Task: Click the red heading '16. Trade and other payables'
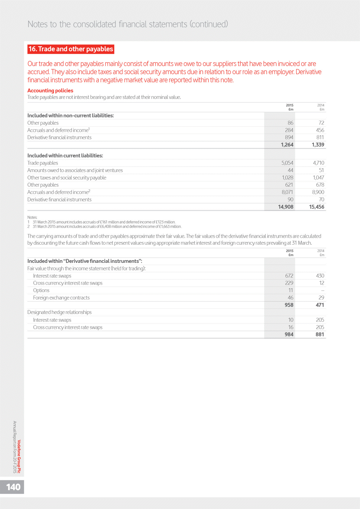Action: [71, 49]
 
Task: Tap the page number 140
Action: [13, 487]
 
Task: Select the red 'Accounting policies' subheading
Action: [50, 90]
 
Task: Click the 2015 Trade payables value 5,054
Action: [287, 163]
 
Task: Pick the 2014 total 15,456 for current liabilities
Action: [316, 207]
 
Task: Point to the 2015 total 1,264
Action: [287, 145]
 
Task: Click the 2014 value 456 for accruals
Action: [320, 130]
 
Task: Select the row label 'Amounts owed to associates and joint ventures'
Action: [75, 170]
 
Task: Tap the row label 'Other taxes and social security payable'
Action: [67, 178]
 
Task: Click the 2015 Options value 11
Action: [290, 290]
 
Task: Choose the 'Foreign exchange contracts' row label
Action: [61, 298]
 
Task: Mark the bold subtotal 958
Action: [289, 305]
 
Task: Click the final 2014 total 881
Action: [319, 334]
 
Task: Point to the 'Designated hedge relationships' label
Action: [59, 312]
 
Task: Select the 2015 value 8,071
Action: [287, 192]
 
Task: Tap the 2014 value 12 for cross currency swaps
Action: [321, 283]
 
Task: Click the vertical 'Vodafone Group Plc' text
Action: [19, 456]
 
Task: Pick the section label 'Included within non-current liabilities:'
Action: [70, 116]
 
